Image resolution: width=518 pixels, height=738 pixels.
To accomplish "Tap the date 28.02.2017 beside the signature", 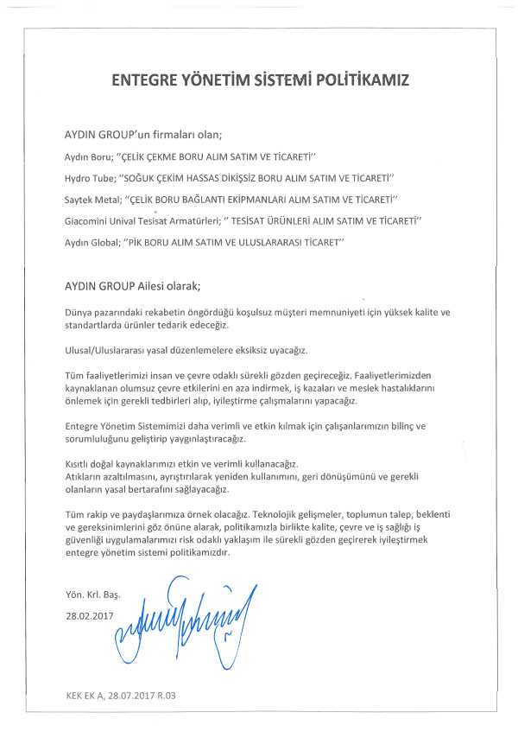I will pos(89,616).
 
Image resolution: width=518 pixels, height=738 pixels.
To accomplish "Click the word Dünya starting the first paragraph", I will pos(79,309).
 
